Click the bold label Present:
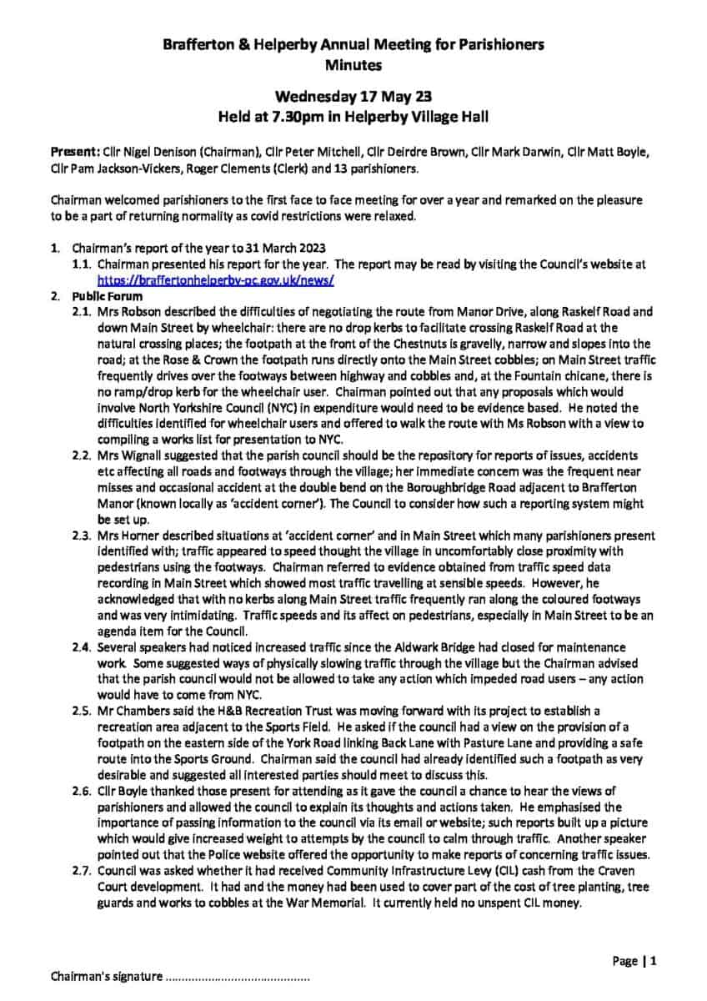pyautogui.click(x=75, y=153)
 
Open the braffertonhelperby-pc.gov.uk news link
pyautogui.click(x=216, y=280)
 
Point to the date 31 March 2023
pyautogui.click(x=287, y=249)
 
